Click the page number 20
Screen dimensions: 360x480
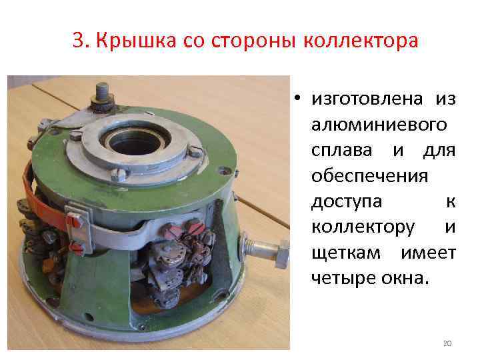pos(447,343)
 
